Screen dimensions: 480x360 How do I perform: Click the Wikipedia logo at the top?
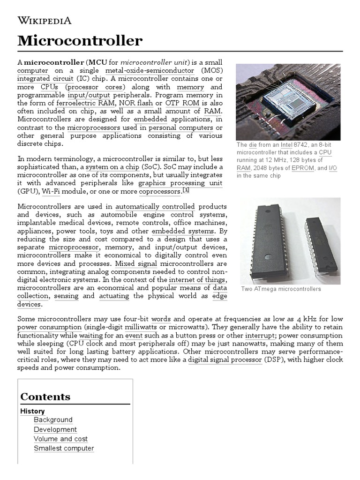tap(44, 20)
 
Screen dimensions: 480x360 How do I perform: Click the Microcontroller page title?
tap(80, 41)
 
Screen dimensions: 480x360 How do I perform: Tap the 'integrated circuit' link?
tap(45, 79)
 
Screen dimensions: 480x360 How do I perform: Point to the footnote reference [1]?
tap(186, 190)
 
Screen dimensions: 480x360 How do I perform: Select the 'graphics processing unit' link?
tap(180, 183)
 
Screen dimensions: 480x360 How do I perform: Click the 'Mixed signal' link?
tap(131, 263)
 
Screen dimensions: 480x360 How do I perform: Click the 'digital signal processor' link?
tap(225, 360)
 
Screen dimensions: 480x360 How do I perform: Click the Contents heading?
tap(45, 397)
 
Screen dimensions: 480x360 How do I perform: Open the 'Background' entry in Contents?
tap(53, 420)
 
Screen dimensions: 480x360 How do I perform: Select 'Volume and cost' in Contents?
tap(60, 439)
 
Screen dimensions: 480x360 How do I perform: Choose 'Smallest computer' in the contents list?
tap(64, 448)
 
